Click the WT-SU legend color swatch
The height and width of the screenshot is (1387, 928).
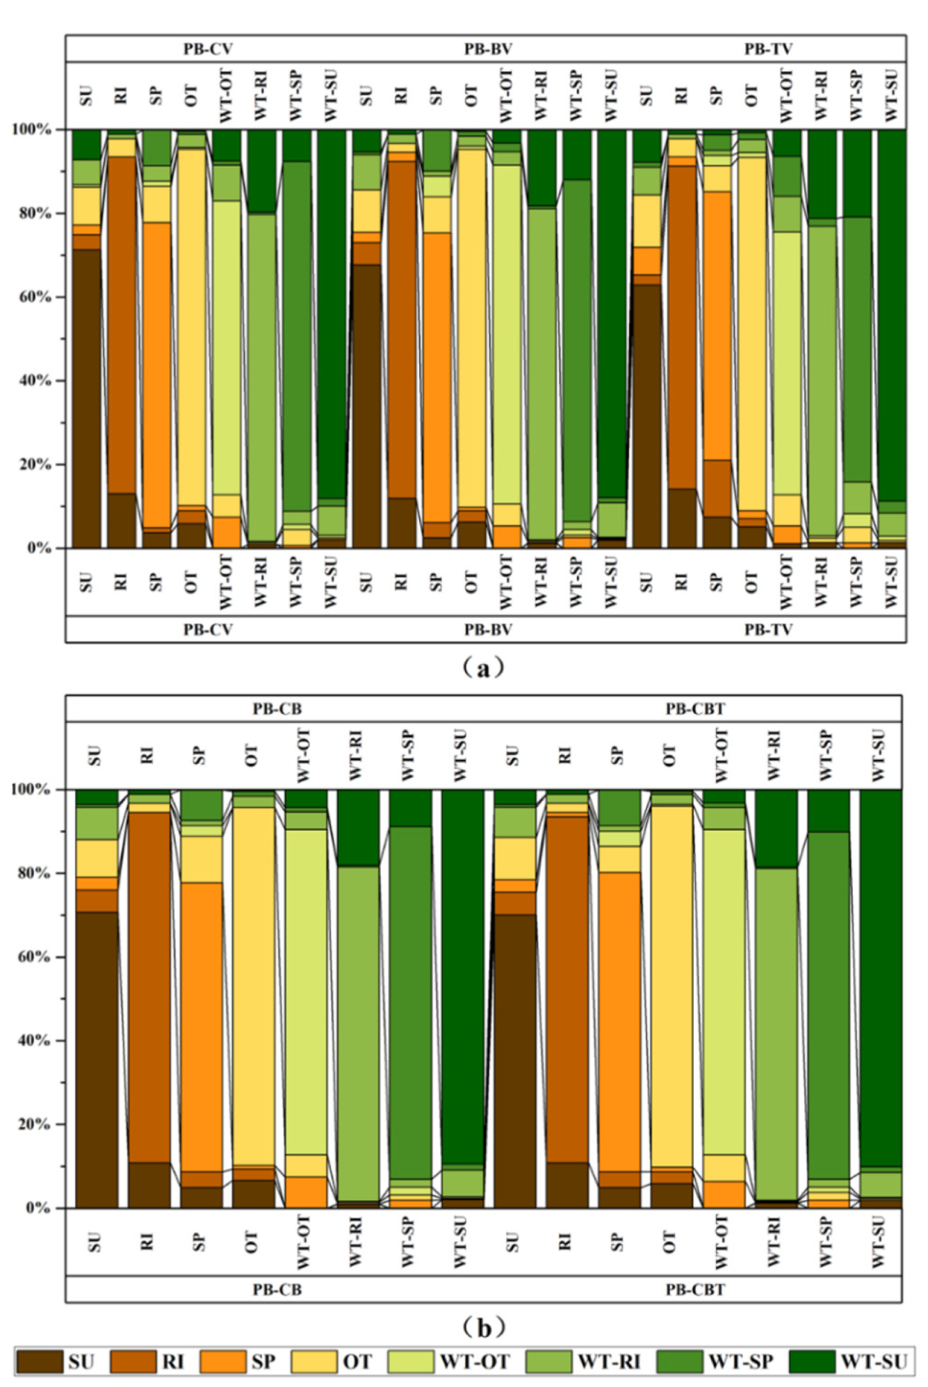pyautogui.click(x=812, y=1361)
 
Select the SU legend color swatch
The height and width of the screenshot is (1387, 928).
pyautogui.click(x=40, y=1361)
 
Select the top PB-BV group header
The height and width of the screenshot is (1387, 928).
pyautogui.click(x=488, y=49)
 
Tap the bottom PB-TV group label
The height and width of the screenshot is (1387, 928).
pyautogui.click(x=768, y=629)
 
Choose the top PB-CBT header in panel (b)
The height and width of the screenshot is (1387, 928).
pyautogui.click(x=695, y=708)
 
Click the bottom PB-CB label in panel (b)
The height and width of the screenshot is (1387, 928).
pyautogui.click(x=277, y=1289)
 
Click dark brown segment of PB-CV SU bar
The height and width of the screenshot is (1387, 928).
pyautogui.click(x=86, y=397)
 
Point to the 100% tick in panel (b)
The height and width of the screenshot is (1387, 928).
pyautogui.click(x=34, y=789)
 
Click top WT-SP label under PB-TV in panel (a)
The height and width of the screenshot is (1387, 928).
pyautogui.click(x=856, y=95)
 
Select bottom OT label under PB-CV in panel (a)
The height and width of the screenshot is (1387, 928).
pyautogui.click(x=191, y=581)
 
